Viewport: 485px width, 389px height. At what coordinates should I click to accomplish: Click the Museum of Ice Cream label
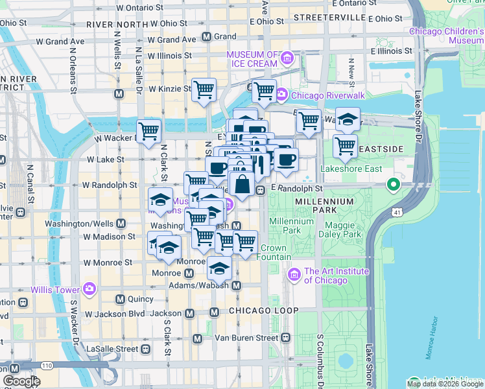(252, 58)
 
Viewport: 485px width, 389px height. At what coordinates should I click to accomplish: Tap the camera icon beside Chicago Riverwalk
(281, 95)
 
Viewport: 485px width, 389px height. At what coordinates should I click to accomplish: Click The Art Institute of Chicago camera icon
(294, 276)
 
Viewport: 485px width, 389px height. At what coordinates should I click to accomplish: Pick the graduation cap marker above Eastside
(348, 119)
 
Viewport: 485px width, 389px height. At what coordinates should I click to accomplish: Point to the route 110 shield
(47, 366)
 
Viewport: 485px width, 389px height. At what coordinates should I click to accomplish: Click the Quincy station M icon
(120, 299)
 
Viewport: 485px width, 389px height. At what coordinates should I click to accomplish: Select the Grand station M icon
(206, 37)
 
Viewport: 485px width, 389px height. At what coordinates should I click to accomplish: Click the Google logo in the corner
(21, 381)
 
